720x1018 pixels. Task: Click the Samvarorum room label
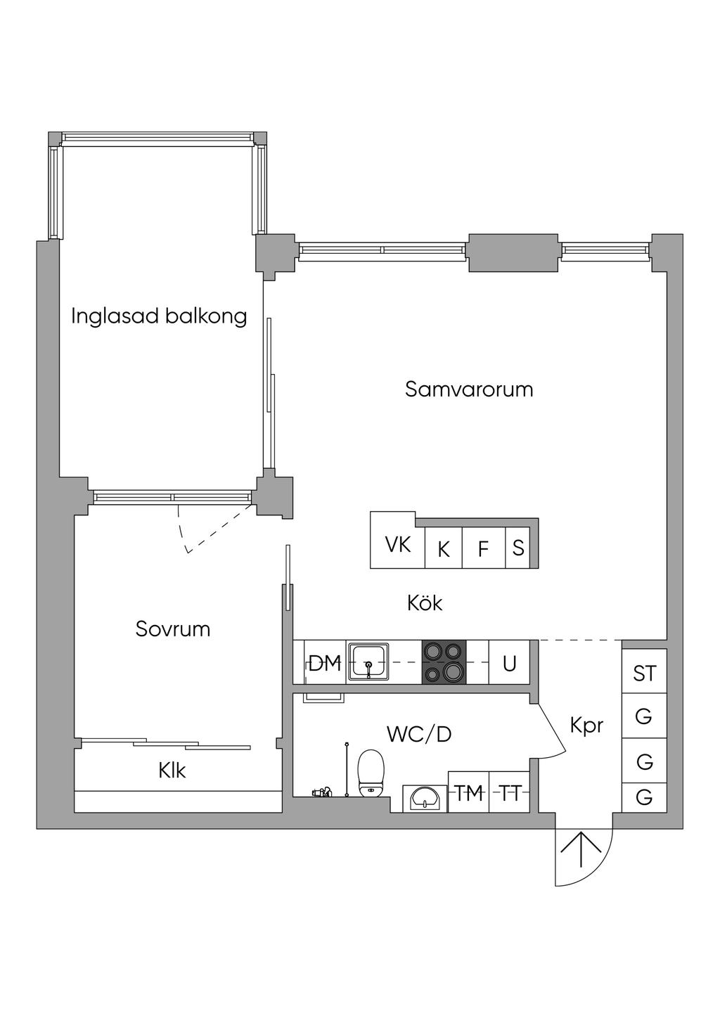(469, 389)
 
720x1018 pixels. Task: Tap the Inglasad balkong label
(159, 316)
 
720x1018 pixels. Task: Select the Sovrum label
(173, 629)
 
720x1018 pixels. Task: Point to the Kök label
(425, 603)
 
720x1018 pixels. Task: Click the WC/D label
(419, 734)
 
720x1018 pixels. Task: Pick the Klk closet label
(172, 771)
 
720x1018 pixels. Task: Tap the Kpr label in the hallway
(586, 725)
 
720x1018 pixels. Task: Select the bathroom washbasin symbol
(425, 798)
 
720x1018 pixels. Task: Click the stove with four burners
(444, 662)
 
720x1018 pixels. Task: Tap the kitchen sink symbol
(368, 662)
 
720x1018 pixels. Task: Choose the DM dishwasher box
(325, 662)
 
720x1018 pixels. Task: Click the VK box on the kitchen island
(398, 544)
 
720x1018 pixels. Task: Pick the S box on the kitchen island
(518, 548)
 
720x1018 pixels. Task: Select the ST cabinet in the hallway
(644, 673)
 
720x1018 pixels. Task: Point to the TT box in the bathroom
(510, 794)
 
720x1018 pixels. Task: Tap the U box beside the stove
(510, 662)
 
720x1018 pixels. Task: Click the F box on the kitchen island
(483, 548)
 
